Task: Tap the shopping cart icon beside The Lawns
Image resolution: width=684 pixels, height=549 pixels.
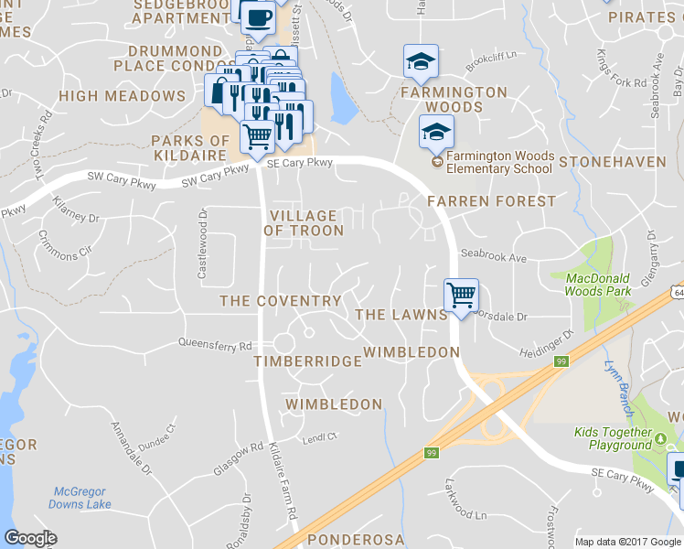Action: tap(462, 295)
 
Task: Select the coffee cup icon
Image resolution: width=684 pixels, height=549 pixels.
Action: tap(257, 17)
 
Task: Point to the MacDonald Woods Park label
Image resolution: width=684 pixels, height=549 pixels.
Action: tap(599, 285)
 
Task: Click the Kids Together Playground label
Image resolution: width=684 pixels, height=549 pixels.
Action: tap(613, 438)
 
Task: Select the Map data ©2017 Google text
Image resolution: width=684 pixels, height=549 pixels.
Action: tap(628, 542)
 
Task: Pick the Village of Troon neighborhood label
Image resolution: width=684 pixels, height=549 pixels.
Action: tap(304, 223)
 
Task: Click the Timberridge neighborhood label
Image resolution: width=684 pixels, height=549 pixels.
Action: tap(308, 361)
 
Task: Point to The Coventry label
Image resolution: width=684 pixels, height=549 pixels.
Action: tap(281, 301)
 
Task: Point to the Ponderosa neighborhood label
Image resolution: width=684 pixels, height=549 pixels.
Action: tap(356, 540)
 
